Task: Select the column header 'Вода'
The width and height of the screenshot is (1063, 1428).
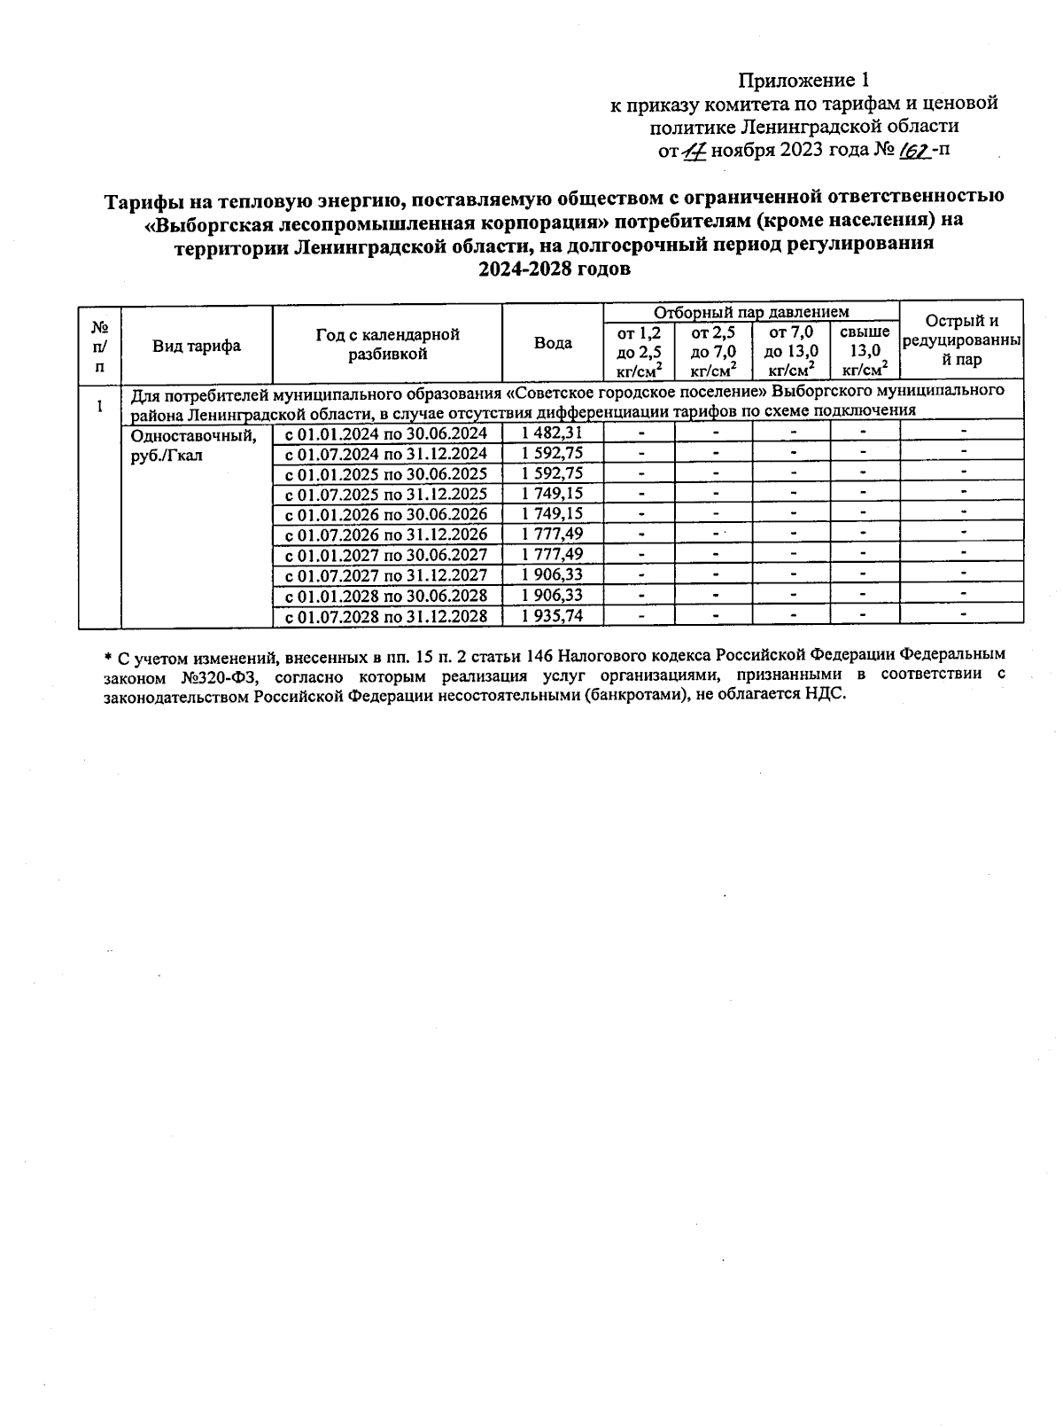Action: point(553,343)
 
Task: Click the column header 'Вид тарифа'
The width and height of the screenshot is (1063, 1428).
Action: point(196,346)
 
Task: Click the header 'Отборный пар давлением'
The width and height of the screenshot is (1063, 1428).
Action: point(750,312)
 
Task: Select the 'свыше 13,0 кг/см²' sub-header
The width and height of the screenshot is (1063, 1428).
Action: point(864,351)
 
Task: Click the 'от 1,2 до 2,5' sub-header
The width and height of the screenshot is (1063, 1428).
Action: point(639,351)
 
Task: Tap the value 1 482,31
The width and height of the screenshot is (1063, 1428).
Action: point(552,433)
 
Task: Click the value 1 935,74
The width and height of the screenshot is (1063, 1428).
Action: point(552,616)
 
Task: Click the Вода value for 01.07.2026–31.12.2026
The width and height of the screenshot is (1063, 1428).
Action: point(552,535)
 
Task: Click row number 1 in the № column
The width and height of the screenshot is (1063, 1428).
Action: point(99,407)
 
